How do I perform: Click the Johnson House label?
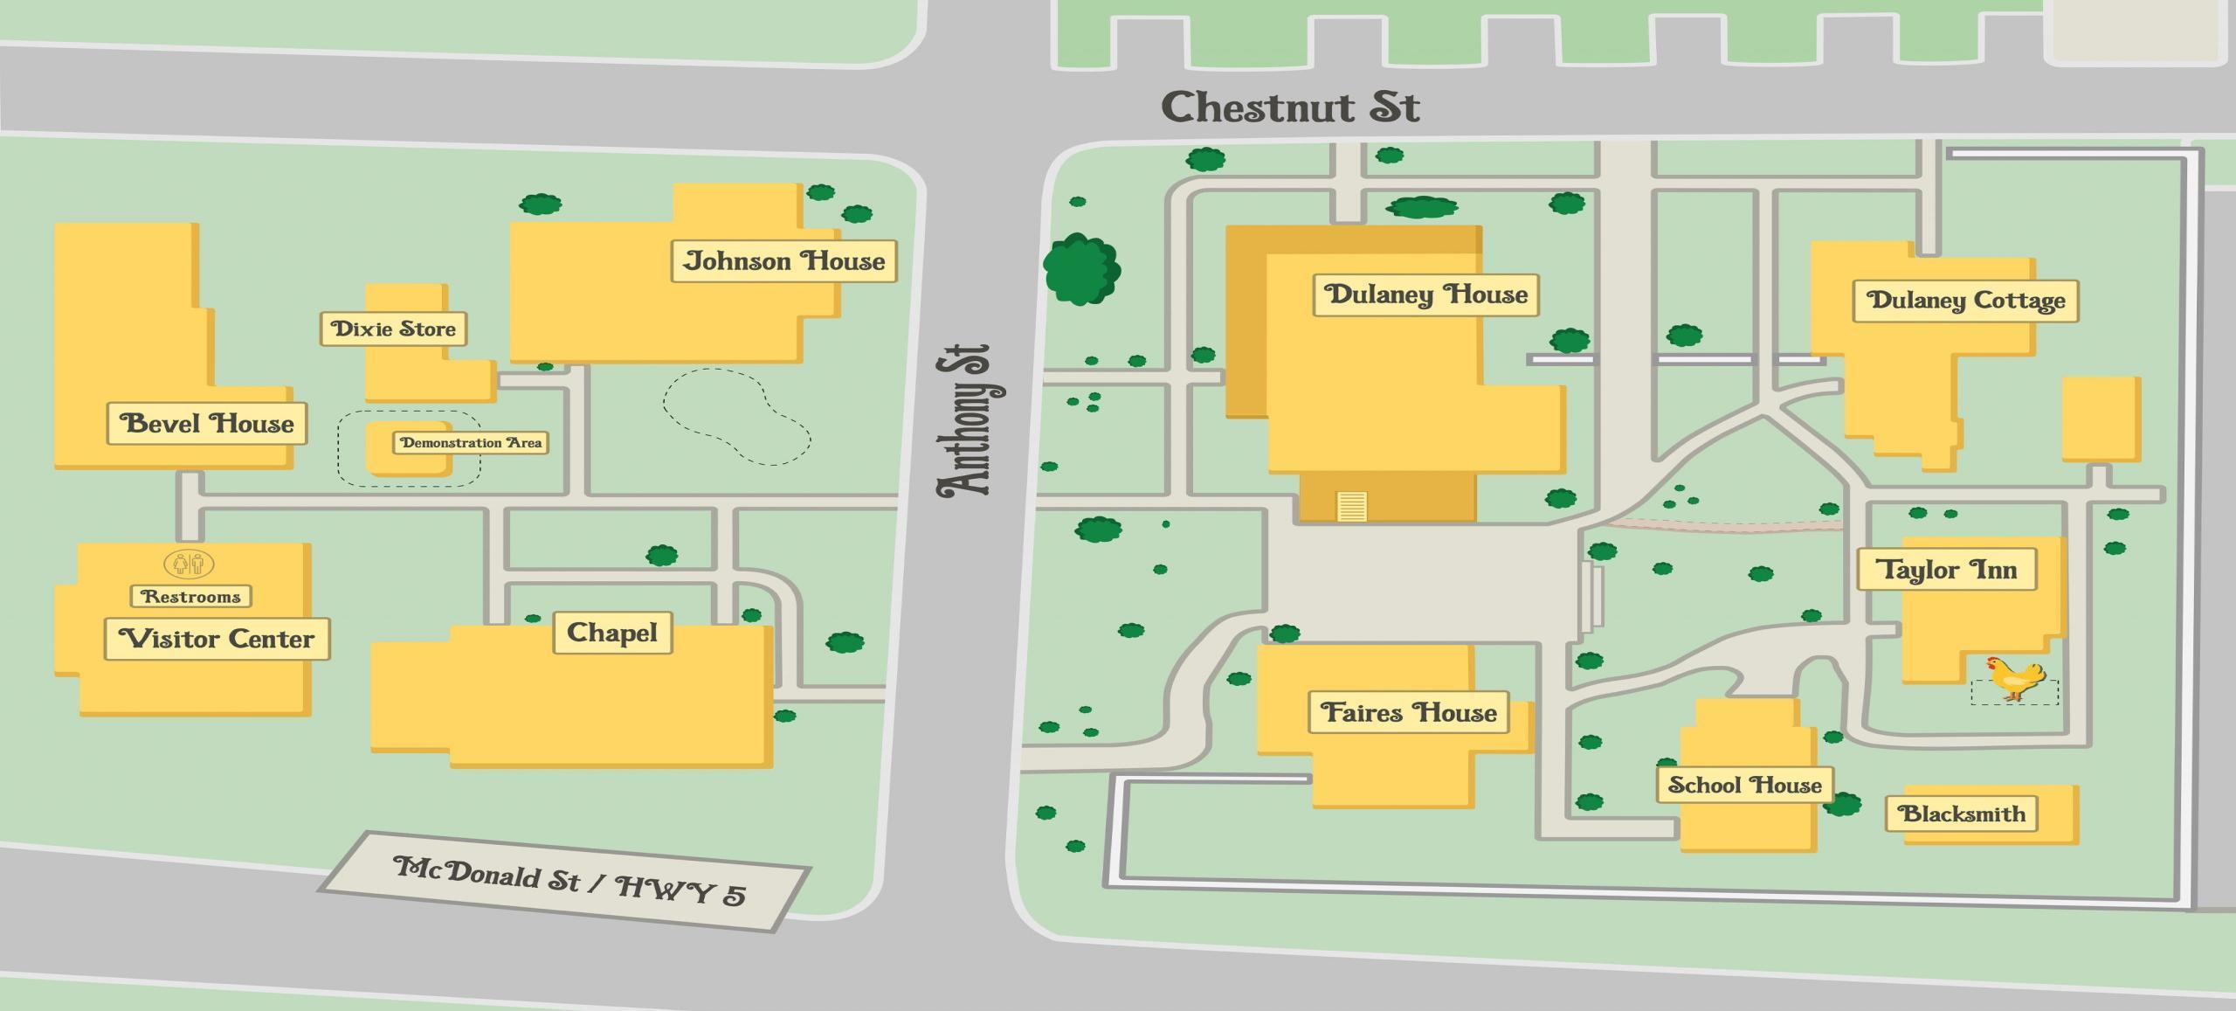[783, 261]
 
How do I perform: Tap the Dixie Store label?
[393, 329]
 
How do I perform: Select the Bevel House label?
[207, 424]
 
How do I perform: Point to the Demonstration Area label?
[471, 443]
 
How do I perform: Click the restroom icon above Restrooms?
[189, 564]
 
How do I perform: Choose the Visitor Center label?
[217, 639]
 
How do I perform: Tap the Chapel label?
[612, 633]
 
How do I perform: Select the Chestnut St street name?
[1290, 108]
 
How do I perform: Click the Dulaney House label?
[1425, 294]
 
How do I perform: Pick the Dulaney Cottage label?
[1965, 301]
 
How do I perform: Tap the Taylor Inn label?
[1946, 570]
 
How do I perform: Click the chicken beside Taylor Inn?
[2016, 678]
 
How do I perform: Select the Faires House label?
[1408, 712]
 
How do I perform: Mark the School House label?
[1744, 785]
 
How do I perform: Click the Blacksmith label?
[1962, 814]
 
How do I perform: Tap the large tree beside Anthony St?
[1081, 268]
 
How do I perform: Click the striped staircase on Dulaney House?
[1351, 506]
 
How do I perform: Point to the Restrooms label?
[191, 597]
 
